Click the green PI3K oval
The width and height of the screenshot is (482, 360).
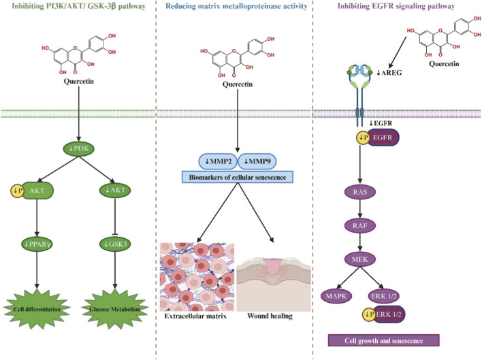pos(79,148)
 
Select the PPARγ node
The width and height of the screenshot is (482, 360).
pos(37,244)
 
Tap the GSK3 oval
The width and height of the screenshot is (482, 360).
pos(115,244)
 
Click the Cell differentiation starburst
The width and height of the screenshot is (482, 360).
pos(37,309)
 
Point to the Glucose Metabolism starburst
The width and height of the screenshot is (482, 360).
pos(115,309)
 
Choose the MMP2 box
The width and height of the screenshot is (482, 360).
pos(219,161)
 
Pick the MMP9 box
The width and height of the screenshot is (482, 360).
pos(257,161)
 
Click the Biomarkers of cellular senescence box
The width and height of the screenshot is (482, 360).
pos(238,177)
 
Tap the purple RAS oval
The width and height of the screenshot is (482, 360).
pos(360,193)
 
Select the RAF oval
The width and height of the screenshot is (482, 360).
pos(360,226)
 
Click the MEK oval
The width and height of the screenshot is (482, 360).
pos(360,259)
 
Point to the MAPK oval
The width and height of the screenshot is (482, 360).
pos(336,296)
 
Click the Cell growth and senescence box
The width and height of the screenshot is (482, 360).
pos(384,340)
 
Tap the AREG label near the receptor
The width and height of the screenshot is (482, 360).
pos(389,73)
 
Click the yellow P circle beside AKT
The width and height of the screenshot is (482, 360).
pos(18,191)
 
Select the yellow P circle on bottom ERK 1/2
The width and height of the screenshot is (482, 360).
pos(369,314)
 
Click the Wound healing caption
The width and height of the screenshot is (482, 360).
pos(270,316)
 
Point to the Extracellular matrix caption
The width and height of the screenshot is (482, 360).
pos(195,316)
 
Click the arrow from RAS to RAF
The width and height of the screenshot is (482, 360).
pos(360,209)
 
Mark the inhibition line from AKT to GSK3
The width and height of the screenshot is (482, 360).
pos(115,217)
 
